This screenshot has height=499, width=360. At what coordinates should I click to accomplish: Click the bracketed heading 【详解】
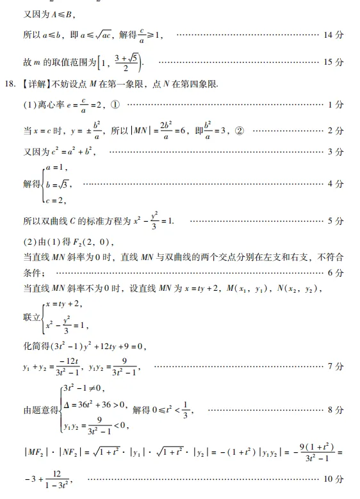[35, 84]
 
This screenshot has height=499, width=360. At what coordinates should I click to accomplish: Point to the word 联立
[31, 316]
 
